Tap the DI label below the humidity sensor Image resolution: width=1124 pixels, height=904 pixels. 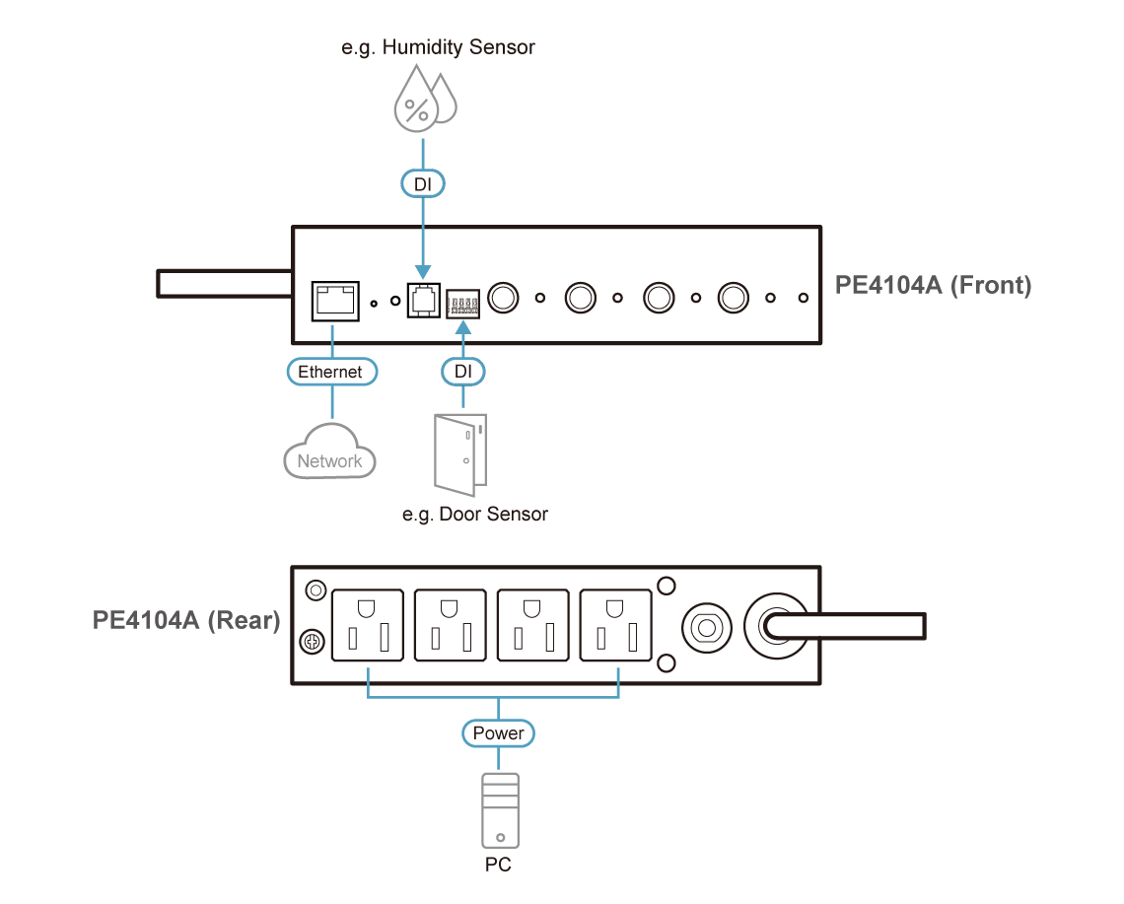tap(423, 183)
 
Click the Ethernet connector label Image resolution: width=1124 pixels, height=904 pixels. tap(330, 372)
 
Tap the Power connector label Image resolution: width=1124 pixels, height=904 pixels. tap(498, 733)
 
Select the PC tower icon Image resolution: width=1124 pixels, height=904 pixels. tap(499, 810)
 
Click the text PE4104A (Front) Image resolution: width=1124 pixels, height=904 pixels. tap(932, 287)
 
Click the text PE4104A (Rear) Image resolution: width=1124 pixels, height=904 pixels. tap(187, 621)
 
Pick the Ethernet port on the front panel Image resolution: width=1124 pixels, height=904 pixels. tap(331, 299)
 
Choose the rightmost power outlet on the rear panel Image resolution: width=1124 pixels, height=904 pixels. tap(617, 626)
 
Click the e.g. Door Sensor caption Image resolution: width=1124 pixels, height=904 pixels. tap(475, 514)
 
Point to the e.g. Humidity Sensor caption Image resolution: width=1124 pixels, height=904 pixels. tap(439, 47)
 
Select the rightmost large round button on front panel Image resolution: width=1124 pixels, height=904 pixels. tap(734, 297)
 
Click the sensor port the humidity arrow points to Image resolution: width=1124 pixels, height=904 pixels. tap(423, 299)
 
